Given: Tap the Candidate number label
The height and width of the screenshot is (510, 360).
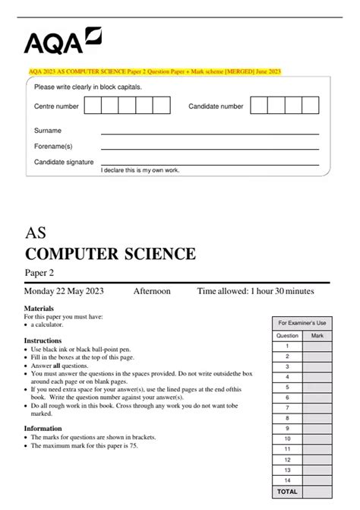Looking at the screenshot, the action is [216, 107].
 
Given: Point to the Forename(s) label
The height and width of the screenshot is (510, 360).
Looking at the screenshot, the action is [53, 146].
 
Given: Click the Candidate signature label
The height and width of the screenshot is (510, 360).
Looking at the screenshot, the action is [64, 162].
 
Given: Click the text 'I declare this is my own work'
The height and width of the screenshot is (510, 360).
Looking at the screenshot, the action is [141, 170].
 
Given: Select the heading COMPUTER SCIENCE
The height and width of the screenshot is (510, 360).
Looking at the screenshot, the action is [110, 253].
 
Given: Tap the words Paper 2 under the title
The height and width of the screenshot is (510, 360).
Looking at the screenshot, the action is [39, 273].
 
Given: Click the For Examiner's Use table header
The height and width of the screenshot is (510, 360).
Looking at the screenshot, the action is [302, 323].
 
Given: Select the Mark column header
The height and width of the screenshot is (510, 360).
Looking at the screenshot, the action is [317, 334].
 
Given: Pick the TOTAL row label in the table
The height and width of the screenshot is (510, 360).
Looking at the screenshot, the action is [287, 492].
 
